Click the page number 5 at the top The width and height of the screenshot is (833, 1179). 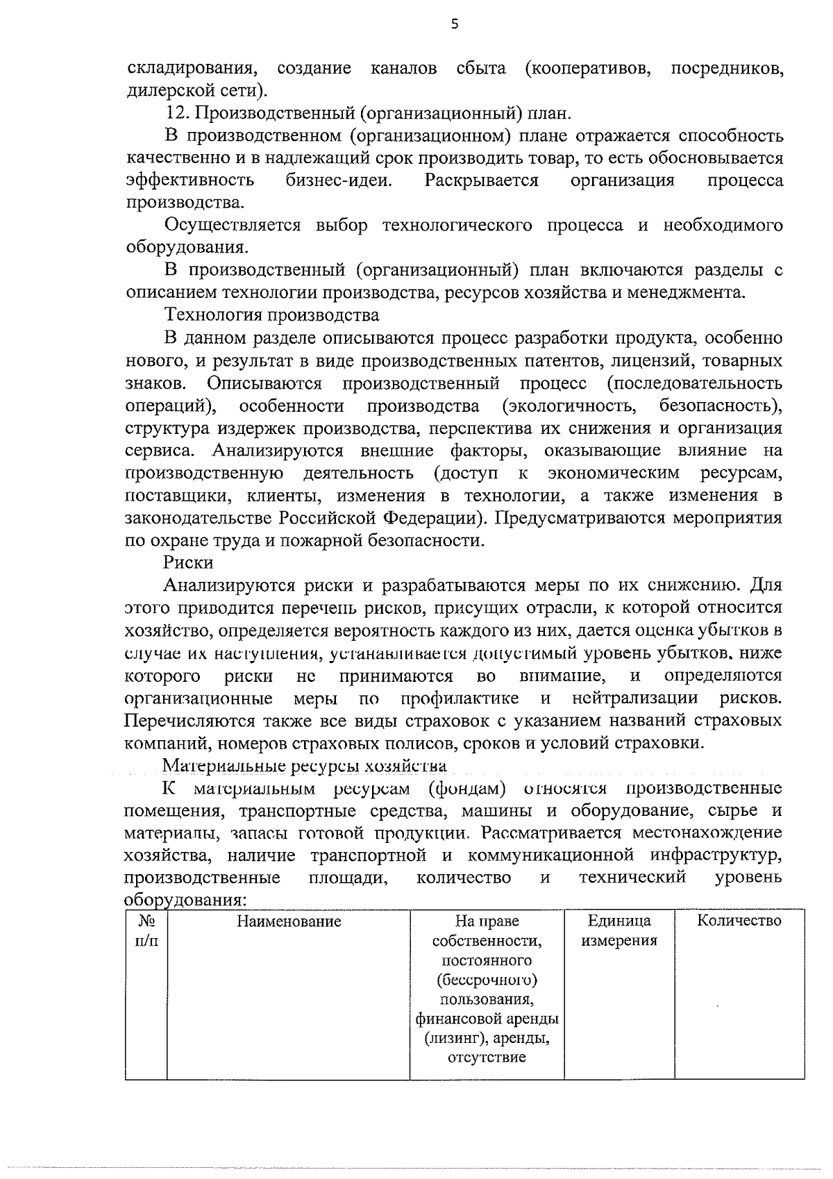point(455,25)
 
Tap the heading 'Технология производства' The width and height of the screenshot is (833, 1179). point(271,315)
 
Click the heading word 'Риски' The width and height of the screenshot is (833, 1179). point(188,562)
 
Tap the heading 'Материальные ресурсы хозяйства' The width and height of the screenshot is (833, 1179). point(305,766)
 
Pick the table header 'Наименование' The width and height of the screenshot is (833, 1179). point(289,922)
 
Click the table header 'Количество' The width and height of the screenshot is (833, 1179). point(739,921)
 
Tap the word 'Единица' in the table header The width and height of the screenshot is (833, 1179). point(619,921)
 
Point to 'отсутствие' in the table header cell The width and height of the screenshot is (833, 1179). point(487,1057)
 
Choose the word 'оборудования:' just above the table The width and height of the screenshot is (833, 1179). point(185,900)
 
